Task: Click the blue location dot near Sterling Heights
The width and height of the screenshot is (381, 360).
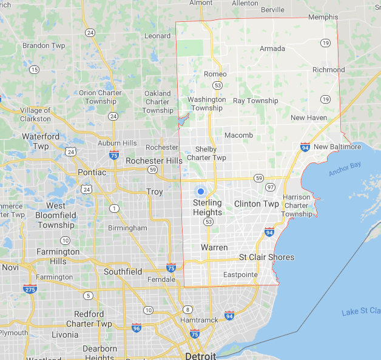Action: tap(201, 191)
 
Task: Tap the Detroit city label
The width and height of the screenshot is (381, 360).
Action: tap(201, 355)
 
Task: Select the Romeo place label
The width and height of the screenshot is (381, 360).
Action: tap(215, 74)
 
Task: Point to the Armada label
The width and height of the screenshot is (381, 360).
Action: tap(272, 48)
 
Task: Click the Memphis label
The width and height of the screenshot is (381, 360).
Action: tap(323, 18)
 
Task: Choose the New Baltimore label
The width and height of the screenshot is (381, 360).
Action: tap(337, 147)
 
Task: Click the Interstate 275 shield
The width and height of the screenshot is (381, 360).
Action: tap(30, 289)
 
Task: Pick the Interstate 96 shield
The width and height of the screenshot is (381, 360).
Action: tap(136, 328)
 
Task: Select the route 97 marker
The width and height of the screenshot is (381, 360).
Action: tap(270, 187)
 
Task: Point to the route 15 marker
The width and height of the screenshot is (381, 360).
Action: tap(34, 70)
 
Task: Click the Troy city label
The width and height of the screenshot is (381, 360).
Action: tap(155, 192)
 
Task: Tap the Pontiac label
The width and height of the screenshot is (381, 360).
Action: tap(92, 172)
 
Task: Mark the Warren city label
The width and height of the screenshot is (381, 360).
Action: tap(214, 247)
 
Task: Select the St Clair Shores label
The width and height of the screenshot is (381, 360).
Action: tap(266, 257)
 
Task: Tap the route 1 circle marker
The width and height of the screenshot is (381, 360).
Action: tap(113, 208)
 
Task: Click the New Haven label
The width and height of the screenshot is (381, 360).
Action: tap(309, 118)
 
